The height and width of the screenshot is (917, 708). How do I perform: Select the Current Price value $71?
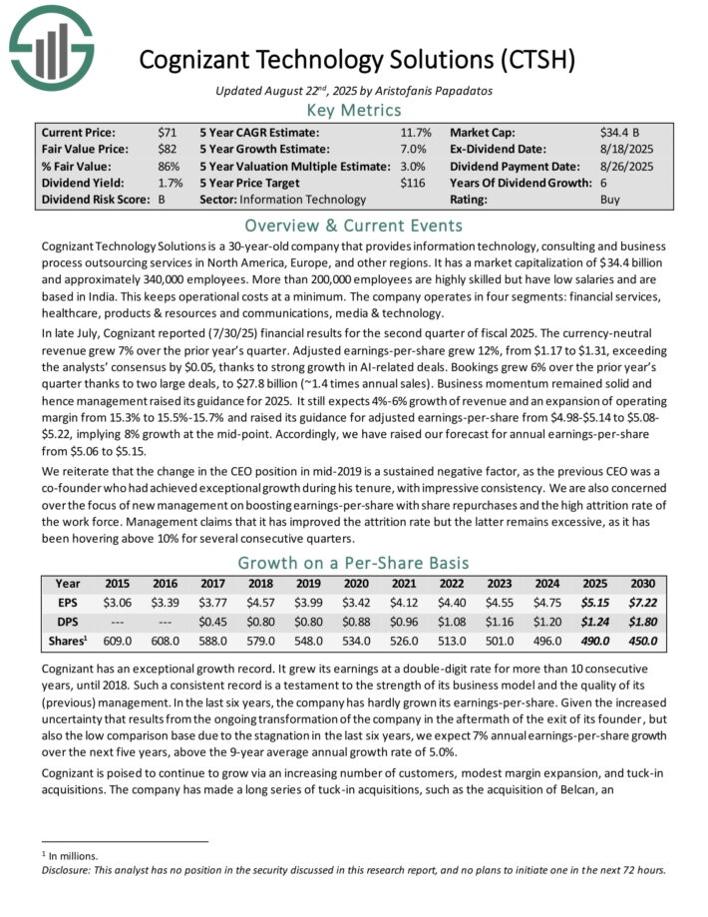(167, 132)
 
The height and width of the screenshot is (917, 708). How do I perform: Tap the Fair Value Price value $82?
(167, 149)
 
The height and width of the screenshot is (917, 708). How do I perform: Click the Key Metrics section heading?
(354, 110)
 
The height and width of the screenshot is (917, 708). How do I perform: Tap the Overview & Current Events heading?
(354, 225)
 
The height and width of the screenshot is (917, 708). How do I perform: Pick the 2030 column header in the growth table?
(642, 584)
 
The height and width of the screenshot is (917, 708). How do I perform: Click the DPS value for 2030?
(642, 622)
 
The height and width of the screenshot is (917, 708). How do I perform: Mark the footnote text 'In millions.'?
(76, 855)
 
